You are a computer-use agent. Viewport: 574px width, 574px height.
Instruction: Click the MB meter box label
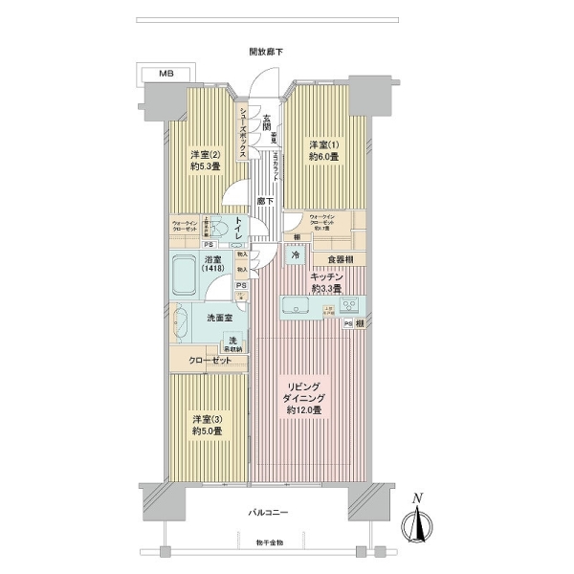[x=166, y=73]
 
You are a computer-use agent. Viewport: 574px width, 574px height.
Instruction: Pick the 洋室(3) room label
[x=206, y=425]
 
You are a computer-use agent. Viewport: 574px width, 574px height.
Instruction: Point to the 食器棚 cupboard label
[x=340, y=258]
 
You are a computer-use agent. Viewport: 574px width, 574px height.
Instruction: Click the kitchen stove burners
[x=348, y=307]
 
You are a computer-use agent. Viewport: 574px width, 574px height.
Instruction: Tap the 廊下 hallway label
[x=267, y=202]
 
